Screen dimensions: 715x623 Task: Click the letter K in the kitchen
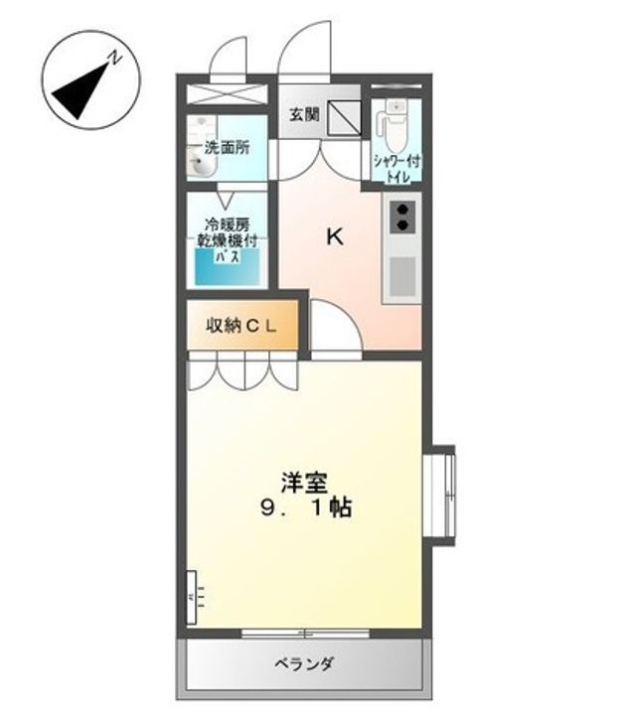335,236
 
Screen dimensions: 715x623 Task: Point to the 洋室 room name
303,484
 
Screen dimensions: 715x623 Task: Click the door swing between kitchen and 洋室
334,329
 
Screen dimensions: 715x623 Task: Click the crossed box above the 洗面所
228,95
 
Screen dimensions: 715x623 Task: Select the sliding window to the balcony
305,632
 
